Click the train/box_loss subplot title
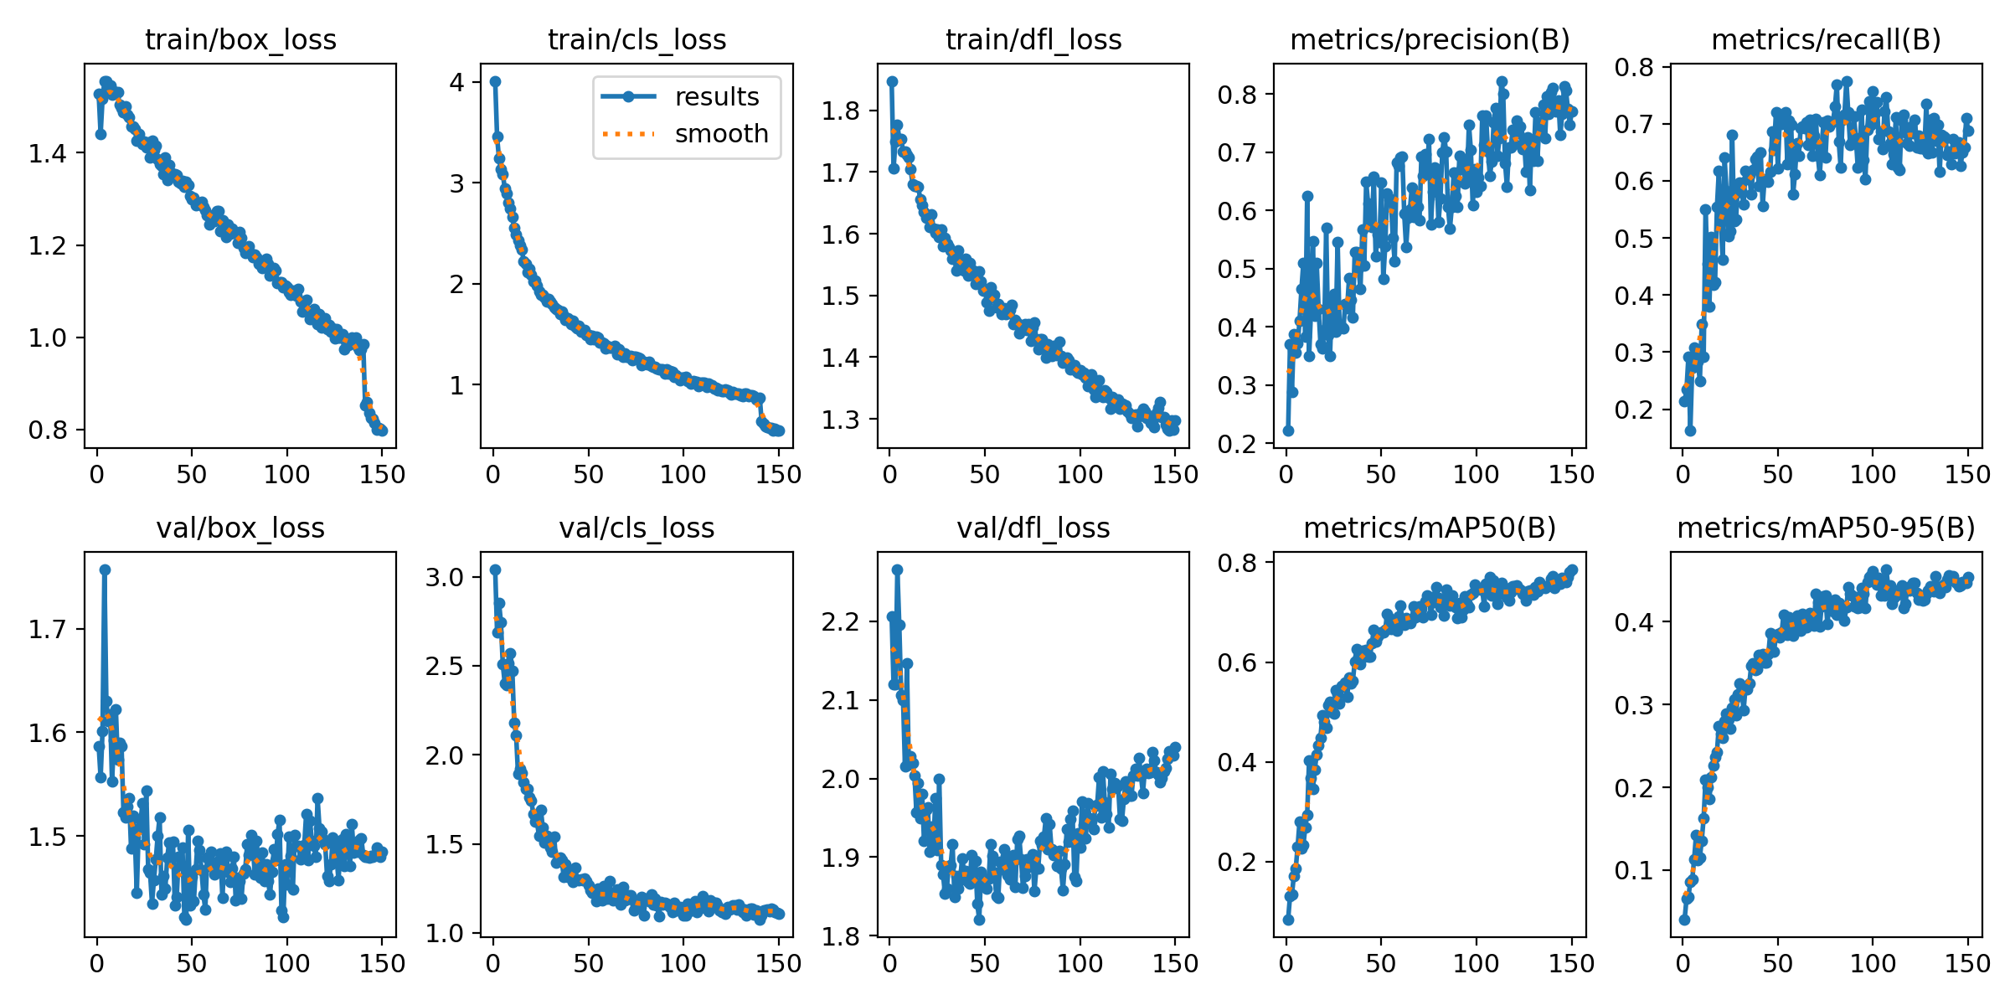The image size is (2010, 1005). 240,40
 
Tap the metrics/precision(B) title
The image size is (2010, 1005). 1430,40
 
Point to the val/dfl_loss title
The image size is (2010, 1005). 1033,528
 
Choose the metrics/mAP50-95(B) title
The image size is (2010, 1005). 1826,528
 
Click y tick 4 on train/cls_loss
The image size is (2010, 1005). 456,82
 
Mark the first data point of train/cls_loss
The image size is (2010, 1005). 495,82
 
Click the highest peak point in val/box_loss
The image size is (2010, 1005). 105,569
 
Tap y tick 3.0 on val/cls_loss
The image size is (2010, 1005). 444,577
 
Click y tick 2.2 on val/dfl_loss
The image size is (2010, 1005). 840,622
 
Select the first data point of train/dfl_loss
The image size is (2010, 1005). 892,82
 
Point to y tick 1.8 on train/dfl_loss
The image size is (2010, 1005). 840,111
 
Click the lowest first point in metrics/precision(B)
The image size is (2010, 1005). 1288,430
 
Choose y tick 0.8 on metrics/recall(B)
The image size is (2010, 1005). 1633,67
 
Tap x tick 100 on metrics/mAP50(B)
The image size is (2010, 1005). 1476,964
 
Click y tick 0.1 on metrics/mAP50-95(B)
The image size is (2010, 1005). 1633,871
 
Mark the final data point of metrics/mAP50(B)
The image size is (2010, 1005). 1571,570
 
